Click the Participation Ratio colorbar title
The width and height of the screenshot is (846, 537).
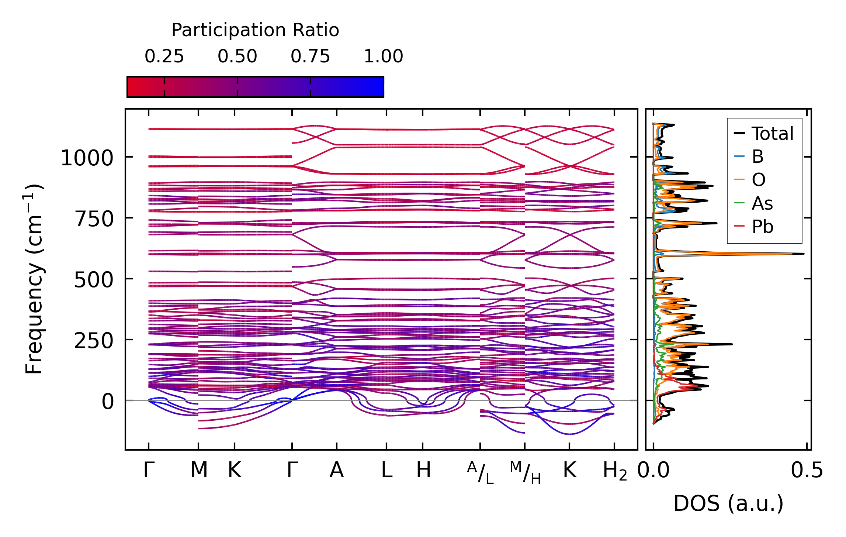255,30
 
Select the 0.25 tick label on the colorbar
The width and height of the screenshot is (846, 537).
164,56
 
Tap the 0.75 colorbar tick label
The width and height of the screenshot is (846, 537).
310,56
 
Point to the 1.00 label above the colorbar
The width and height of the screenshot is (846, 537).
383,56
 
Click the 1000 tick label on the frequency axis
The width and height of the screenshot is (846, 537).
87,158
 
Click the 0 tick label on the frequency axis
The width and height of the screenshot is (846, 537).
108,402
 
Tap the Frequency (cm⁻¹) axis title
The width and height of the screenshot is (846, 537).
34,279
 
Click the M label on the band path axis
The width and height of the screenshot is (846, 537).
199,471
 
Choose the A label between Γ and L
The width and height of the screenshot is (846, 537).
336,471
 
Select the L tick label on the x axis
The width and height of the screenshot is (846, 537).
386,471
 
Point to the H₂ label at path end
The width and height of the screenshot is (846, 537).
614,471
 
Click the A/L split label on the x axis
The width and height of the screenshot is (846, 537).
480,473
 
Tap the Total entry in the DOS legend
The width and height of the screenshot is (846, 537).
772,134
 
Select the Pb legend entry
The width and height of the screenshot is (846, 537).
762,227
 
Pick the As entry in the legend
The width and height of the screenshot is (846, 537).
762,203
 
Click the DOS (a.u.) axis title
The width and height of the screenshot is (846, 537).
728,503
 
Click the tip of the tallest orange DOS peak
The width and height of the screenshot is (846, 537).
792,254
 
